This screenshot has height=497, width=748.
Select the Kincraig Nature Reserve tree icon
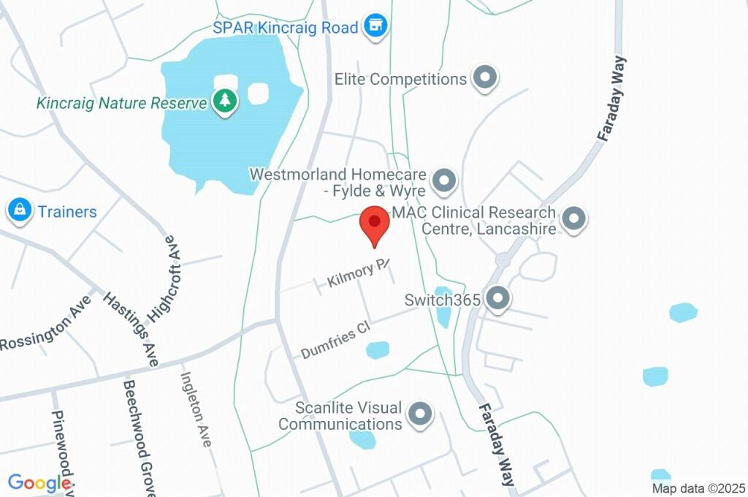224,102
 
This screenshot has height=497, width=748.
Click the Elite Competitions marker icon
484,78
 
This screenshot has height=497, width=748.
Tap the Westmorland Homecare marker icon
443,180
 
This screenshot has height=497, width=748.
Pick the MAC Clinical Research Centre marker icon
575,219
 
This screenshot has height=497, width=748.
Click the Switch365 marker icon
498,298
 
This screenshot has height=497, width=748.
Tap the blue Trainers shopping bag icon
19,211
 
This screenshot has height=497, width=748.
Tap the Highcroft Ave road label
163,278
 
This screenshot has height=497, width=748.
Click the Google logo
38,482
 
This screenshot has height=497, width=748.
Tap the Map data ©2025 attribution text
698,488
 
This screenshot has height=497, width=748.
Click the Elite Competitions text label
400,78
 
